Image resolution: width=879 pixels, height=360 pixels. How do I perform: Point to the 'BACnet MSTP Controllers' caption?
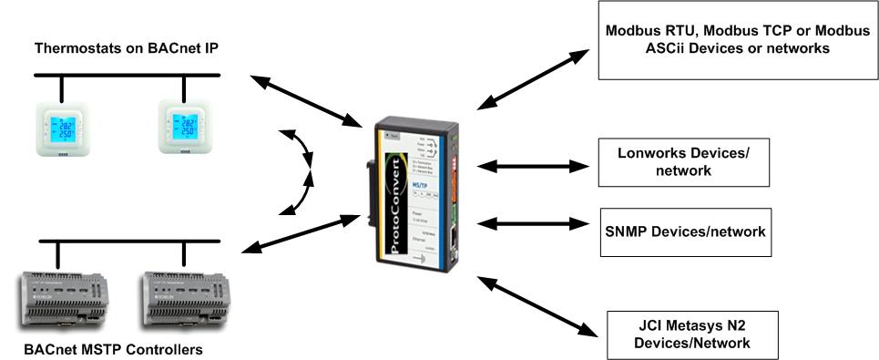click(114, 349)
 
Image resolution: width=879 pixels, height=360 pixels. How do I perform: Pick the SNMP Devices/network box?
click(683, 231)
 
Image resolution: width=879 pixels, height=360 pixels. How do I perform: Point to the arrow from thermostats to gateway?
click(306, 100)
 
